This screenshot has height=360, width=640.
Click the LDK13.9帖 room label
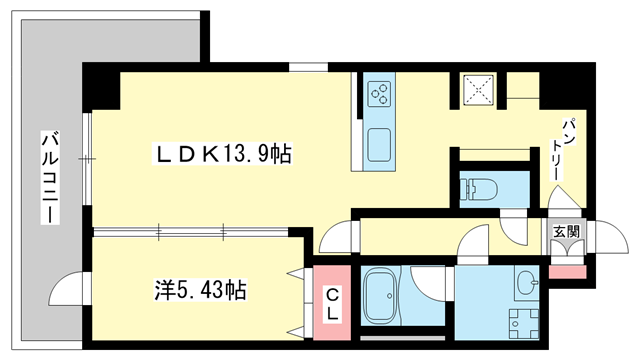point(222,154)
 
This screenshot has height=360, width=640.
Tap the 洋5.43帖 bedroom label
point(200,291)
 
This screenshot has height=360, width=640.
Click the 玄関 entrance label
point(566,231)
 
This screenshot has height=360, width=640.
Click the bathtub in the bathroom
point(381,296)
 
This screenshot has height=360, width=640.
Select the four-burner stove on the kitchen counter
point(381,96)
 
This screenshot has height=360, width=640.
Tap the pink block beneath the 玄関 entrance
point(567,271)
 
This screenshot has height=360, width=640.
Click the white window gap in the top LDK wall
point(308,68)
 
